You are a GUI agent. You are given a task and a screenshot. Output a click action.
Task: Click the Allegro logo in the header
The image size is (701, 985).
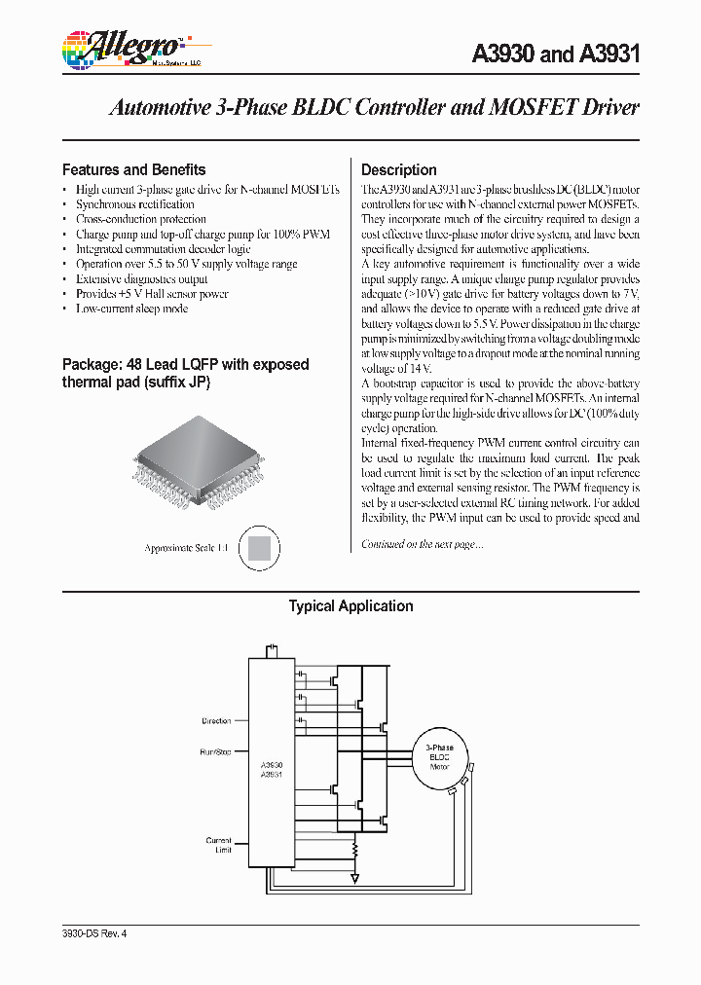(x=121, y=47)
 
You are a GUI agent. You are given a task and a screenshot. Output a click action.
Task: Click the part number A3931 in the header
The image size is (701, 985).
(x=610, y=55)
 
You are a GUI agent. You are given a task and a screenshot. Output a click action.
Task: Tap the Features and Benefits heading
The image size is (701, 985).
(x=133, y=169)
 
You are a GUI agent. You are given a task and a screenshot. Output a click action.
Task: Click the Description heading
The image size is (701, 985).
(x=398, y=169)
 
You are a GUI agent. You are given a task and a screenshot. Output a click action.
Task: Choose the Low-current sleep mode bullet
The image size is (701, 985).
(x=131, y=309)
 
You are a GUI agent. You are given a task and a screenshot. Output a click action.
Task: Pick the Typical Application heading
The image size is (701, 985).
(x=350, y=606)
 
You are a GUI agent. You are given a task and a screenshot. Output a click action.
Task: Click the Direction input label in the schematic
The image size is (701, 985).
(x=216, y=721)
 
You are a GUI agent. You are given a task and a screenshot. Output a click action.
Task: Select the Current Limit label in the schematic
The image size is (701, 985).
(x=218, y=845)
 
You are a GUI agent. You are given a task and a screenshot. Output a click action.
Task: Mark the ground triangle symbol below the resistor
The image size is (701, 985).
(x=355, y=878)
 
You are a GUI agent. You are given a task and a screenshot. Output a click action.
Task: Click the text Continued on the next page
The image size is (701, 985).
(x=422, y=544)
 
